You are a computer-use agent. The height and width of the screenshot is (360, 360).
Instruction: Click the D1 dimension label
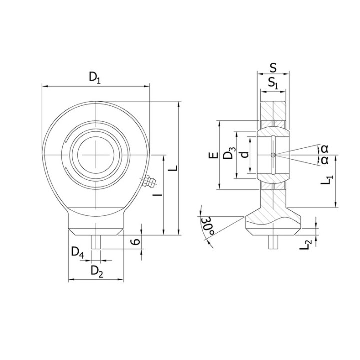click(x=95, y=78)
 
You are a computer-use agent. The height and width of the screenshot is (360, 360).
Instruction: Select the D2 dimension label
click(x=97, y=271)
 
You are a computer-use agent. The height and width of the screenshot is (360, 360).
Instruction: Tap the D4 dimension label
click(x=78, y=253)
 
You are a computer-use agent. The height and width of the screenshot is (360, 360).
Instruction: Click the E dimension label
click(x=213, y=155)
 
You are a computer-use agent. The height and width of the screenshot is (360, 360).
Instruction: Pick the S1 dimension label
click(x=273, y=83)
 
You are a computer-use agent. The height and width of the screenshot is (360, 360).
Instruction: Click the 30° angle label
click(x=208, y=226)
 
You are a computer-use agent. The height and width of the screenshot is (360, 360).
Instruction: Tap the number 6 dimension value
click(x=135, y=242)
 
